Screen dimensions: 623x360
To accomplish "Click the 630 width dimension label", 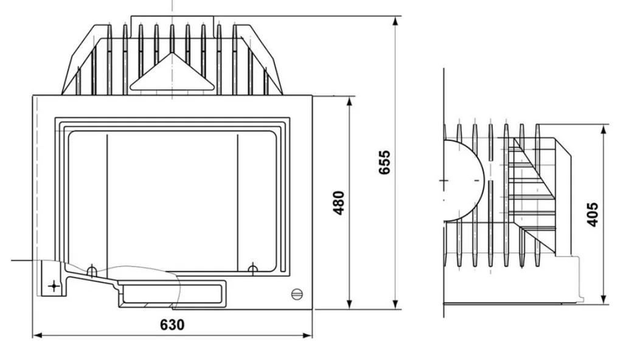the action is pyautogui.click(x=172, y=325).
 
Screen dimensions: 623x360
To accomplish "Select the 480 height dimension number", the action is pyautogui.click(x=338, y=203).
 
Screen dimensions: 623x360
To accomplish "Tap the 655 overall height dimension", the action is pyautogui.click(x=385, y=162).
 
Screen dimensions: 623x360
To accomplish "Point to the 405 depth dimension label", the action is pyautogui.click(x=592, y=215).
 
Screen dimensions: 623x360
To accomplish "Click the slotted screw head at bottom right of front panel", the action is pyautogui.click(x=297, y=294).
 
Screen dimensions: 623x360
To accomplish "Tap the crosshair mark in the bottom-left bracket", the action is pyautogui.click(x=54, y=286).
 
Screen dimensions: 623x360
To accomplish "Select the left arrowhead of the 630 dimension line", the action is pyautogui.click(x=37, y=336).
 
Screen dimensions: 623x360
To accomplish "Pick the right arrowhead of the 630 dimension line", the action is pyautogui.click(x=307, y=336).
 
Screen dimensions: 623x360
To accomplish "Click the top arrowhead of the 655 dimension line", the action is pyautogui.click(x=395, y=21).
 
